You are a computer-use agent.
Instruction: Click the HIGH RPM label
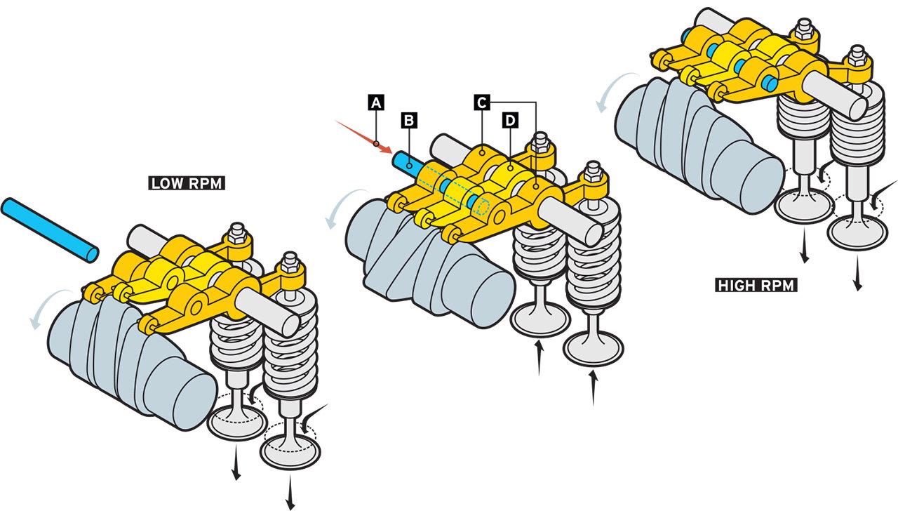point(757,285)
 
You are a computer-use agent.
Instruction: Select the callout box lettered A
point(376,102)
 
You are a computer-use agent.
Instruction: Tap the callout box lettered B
point(410,120)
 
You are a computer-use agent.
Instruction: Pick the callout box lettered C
point(481,102)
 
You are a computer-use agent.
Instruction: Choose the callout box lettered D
point(509,121)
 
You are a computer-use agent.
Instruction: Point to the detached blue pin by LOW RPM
point(49,229)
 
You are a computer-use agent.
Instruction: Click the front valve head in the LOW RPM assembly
point(290,449)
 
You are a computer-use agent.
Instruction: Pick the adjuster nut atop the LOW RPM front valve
point(288,266)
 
